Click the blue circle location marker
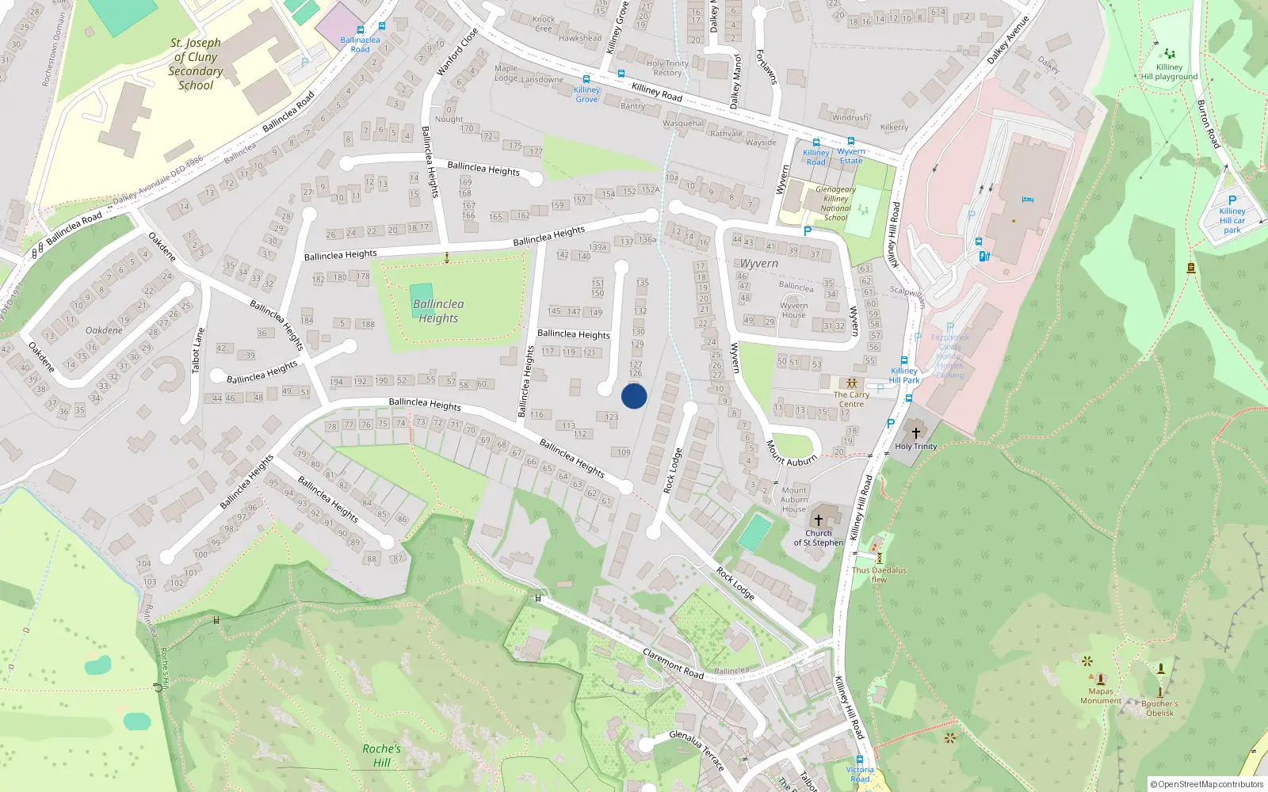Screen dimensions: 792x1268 (x=634, y=396)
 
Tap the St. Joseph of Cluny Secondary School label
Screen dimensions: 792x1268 (x=196, y=64)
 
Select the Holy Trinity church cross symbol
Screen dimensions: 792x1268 (x=916, y=433)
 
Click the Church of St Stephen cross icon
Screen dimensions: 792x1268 (x=819, y=520)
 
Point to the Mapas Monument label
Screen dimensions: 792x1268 (x=1100, y=696)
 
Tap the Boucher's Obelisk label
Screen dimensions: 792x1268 (x=1159, y=708)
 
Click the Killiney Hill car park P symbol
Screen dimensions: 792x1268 (x=1232, y=200)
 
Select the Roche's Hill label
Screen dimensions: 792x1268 (x=381, y=756)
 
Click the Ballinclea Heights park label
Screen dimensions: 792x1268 (x=438, y=311)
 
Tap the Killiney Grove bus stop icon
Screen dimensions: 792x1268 (x=586, y=79)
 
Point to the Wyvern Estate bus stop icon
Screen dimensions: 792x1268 (x=851, y=142)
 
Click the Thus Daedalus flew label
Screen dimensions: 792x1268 (x=879, y=574)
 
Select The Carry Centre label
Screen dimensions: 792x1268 (x=851, y=399)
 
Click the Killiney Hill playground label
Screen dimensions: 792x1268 (x=1169, y=72)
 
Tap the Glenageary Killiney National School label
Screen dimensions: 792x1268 (x=835, y=204)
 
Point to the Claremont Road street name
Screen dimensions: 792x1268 (x=673, y=664)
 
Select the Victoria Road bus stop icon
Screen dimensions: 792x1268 (x=860, y=760)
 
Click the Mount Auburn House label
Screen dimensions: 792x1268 (x=793, y=499)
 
